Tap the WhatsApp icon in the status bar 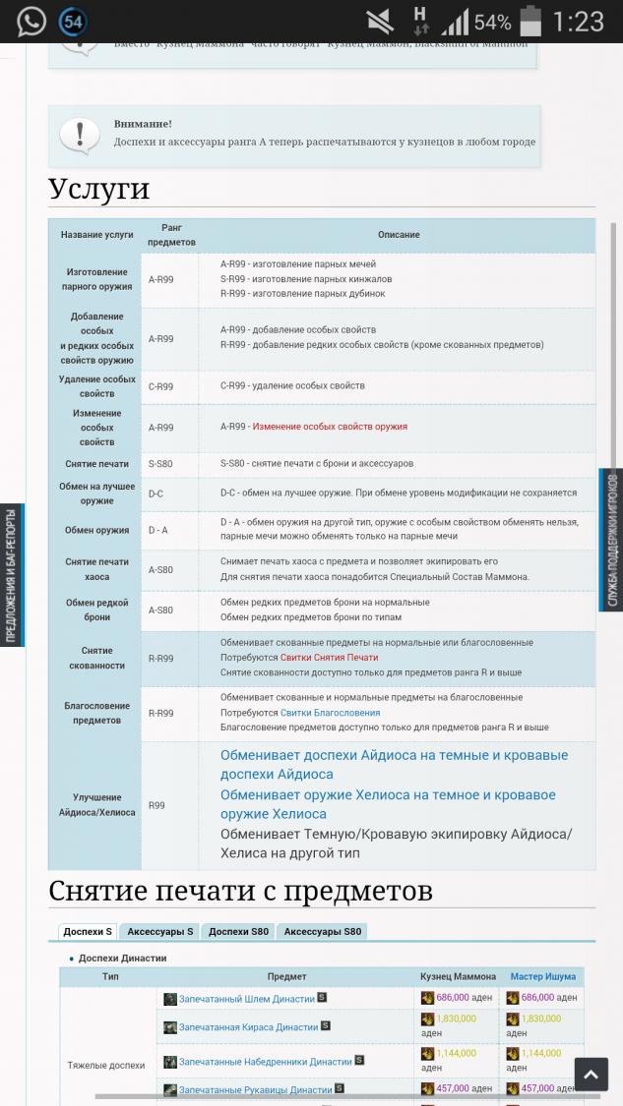point(31,21)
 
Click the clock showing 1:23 point(578,22)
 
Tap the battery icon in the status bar point(530,21)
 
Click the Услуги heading point(98,189)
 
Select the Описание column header point(399,235)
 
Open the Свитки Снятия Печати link point(329,657)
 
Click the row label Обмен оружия point(97,530)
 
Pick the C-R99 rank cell point(160,386)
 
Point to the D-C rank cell point(156,494)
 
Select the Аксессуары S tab point(160,931)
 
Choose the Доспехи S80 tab point(238,931)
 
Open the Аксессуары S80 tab point(323,931)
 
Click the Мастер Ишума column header point(542,976)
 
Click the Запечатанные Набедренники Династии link point(265,1062)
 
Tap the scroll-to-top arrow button point(591,1075)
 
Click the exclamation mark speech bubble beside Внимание point(79,134)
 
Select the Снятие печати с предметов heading point(240,891)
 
